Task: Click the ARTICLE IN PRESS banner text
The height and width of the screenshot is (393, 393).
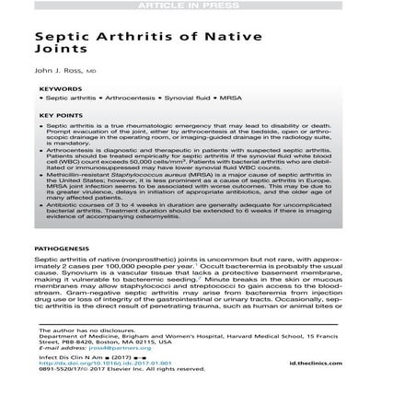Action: (x=196, y=5)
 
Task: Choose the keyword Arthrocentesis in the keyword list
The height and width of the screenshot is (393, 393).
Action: (x=107, y=96)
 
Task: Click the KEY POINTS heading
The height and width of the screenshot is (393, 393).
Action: (x=57, y=115)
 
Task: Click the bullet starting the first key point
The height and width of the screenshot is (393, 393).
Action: (x=41, y=122)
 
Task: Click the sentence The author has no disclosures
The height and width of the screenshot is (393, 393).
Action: (x=68, y=325)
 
